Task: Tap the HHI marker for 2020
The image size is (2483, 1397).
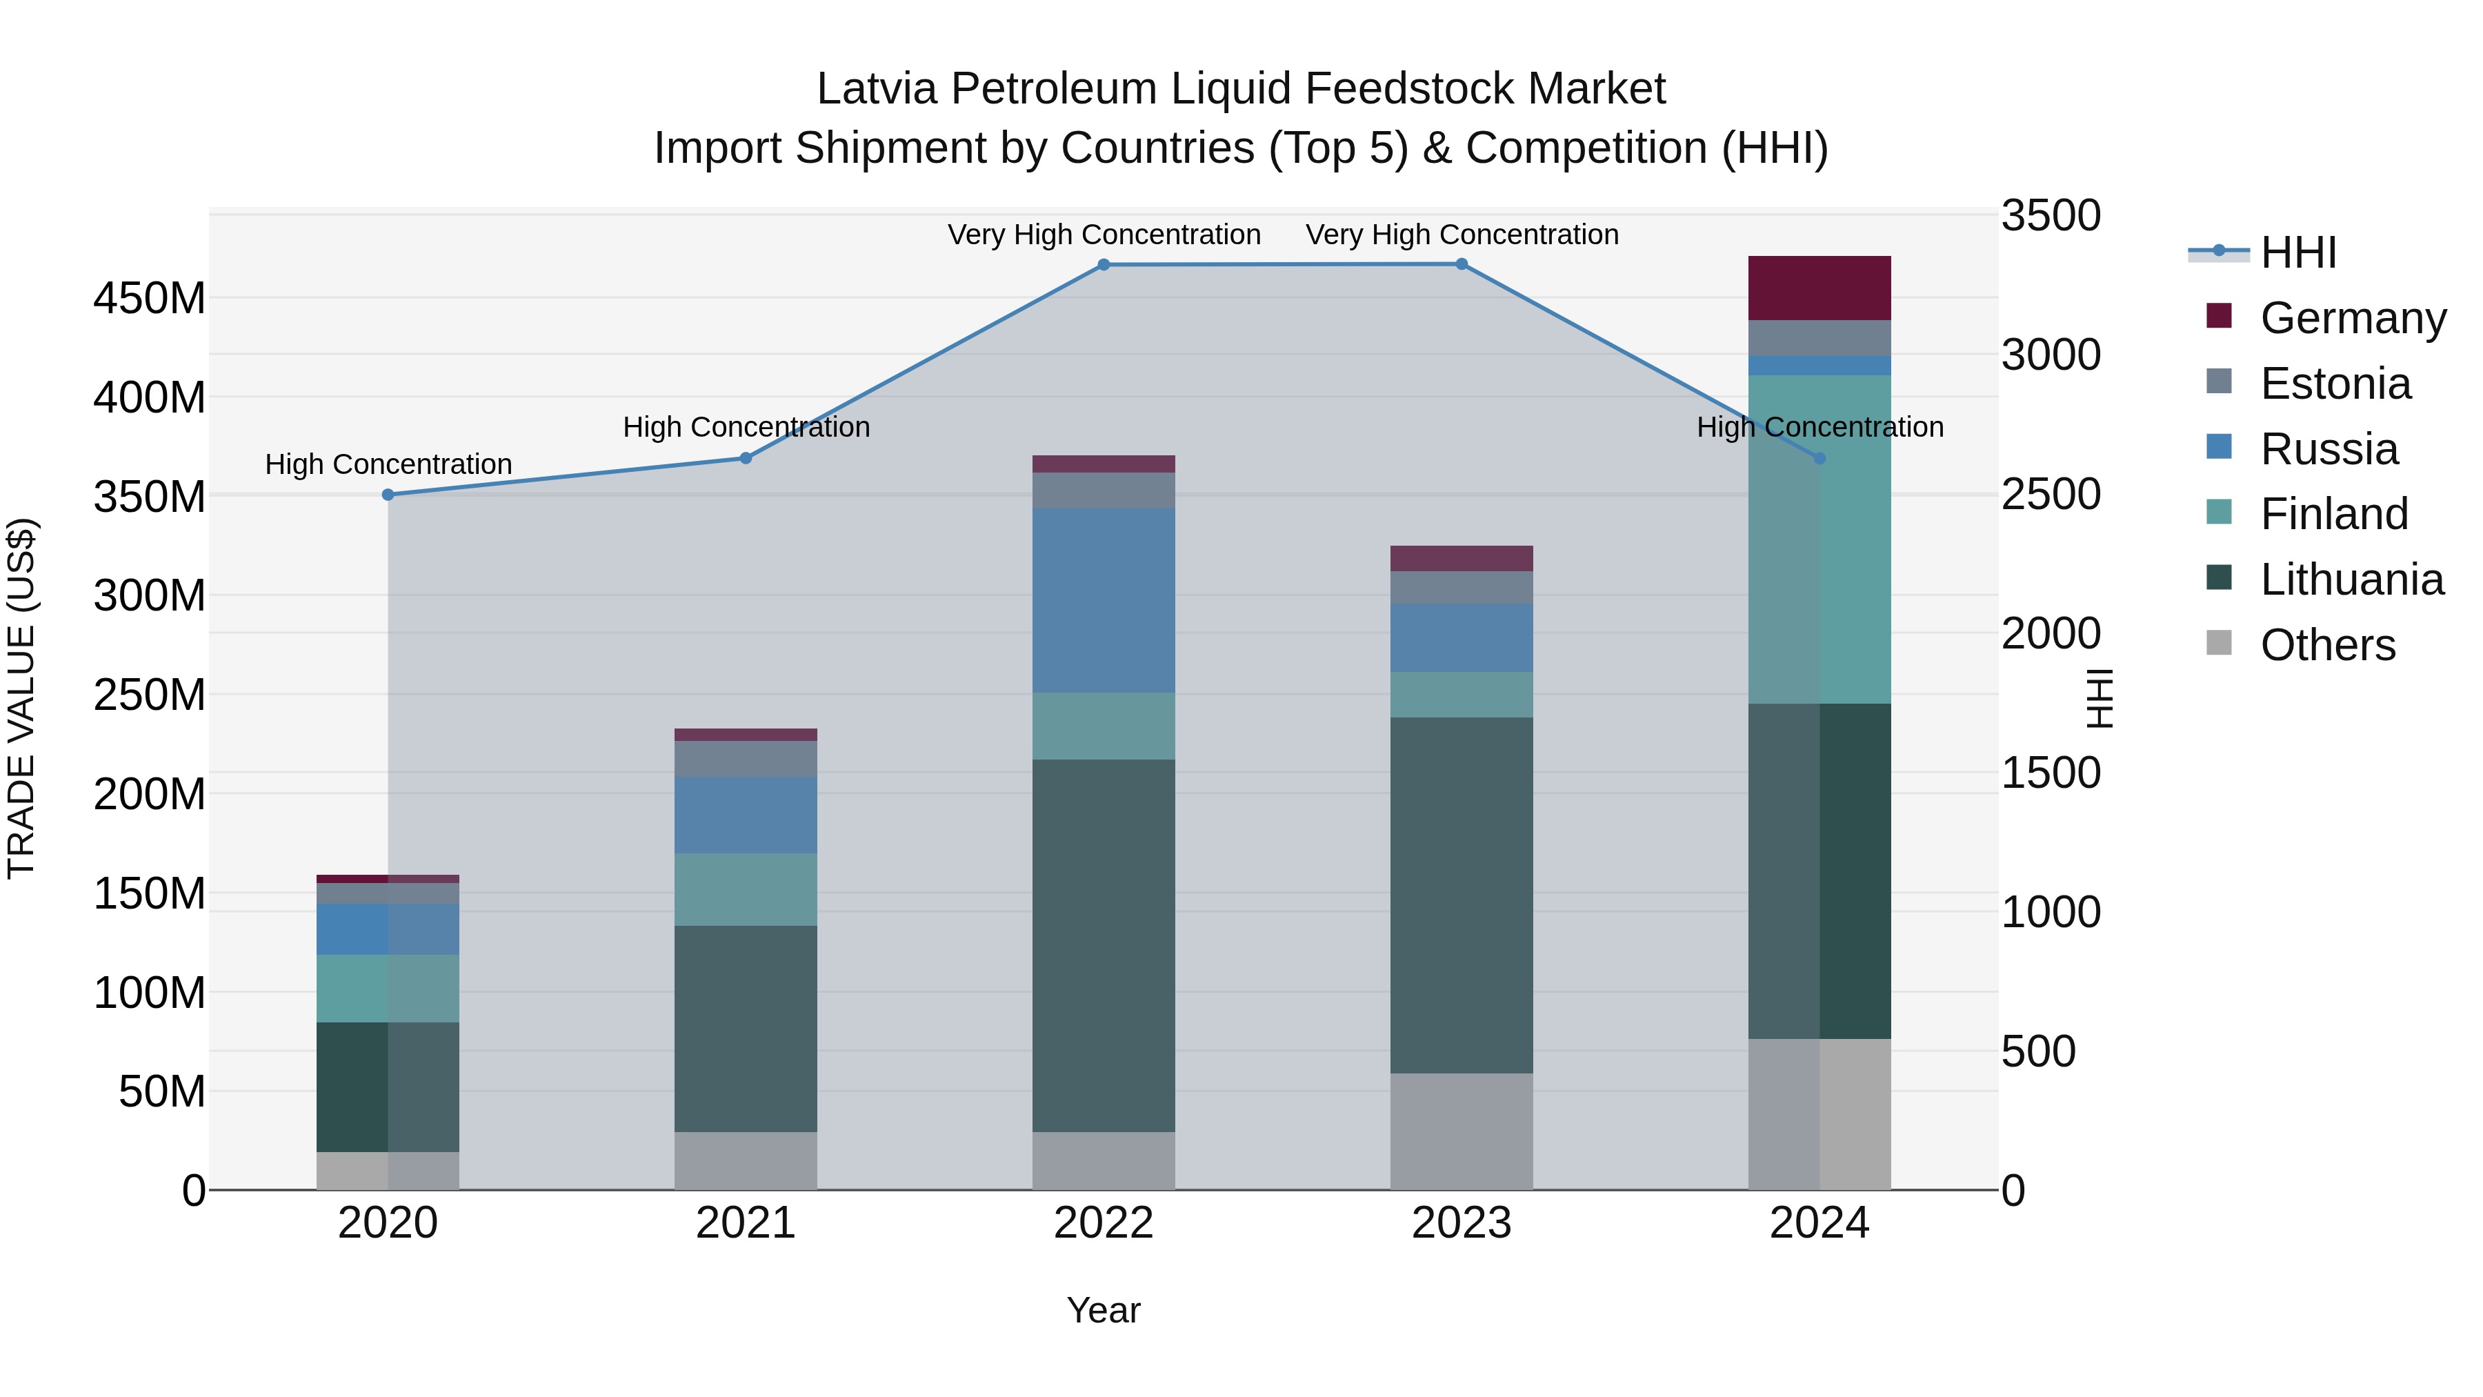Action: click(388, 495)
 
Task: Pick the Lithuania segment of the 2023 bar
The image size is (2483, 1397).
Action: click(1462, 895)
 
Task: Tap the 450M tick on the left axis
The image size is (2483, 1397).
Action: click(150, 299)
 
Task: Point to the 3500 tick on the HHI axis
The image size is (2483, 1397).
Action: click(2051, 216)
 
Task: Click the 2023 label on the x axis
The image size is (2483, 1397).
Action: click(1462, 1223)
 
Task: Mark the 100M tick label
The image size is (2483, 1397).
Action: click(150, 993)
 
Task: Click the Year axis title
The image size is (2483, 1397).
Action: click(1104, 1310)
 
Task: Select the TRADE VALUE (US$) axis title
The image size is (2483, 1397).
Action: click(21, 698)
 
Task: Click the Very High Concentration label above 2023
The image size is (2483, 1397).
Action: click(1462, 235)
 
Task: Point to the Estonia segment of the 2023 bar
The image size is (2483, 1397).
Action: click(1462, 587)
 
